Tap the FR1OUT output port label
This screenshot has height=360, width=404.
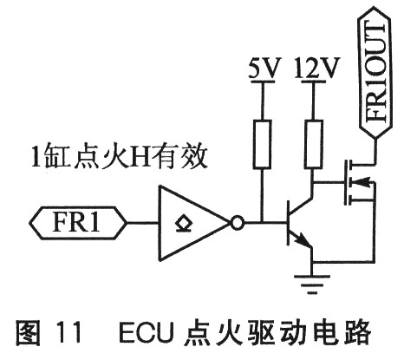[375, 72]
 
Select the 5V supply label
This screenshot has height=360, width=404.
[264, 69]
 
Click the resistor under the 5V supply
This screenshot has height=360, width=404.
[262, 144]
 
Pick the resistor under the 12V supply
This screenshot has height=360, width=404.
[314, 144]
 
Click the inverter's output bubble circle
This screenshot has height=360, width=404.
[237, 223]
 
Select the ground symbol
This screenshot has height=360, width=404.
[312, 285]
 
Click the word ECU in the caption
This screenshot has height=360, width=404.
[147, 333]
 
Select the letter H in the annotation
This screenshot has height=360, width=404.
[140, 158]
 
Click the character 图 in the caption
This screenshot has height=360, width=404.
[28, 333]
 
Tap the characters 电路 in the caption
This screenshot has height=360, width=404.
[342, 333]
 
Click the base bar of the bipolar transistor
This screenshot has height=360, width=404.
[288, 223]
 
